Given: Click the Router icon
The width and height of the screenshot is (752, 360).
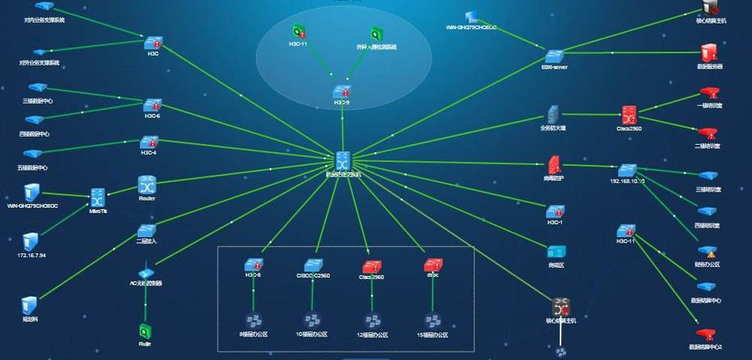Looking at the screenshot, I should (x=146, y=184).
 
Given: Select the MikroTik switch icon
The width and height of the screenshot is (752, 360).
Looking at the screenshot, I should (x=98, y=197).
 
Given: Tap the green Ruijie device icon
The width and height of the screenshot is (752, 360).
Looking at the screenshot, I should (x=146, y=330).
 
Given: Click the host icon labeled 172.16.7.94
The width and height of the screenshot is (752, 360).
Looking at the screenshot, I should (x=30, y=241).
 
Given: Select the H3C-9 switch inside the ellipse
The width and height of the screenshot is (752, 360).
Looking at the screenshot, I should (x=342, y=91).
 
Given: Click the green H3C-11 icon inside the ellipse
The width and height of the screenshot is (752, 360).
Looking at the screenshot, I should (x=298, y=32).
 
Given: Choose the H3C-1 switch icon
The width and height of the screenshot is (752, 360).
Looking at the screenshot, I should (x=554, y=210).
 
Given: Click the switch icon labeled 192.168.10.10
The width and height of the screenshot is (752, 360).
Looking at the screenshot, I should (x=627, y=171).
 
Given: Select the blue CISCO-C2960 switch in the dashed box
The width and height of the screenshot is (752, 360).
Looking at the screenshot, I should (x=313, y=265).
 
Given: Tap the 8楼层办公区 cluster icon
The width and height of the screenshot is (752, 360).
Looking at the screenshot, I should (x=252, y=320).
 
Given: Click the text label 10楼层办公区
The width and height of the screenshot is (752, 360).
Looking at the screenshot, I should (x=313, y=335).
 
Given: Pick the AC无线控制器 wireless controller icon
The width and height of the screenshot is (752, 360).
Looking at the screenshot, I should (x=146, y=273).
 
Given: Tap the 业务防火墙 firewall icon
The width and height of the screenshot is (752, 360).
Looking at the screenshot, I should (x=553, y=113).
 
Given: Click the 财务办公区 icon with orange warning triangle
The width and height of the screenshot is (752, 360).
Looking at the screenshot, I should (x=708, y=252).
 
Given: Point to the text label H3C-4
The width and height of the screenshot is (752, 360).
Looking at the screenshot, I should (x=149, y=153).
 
